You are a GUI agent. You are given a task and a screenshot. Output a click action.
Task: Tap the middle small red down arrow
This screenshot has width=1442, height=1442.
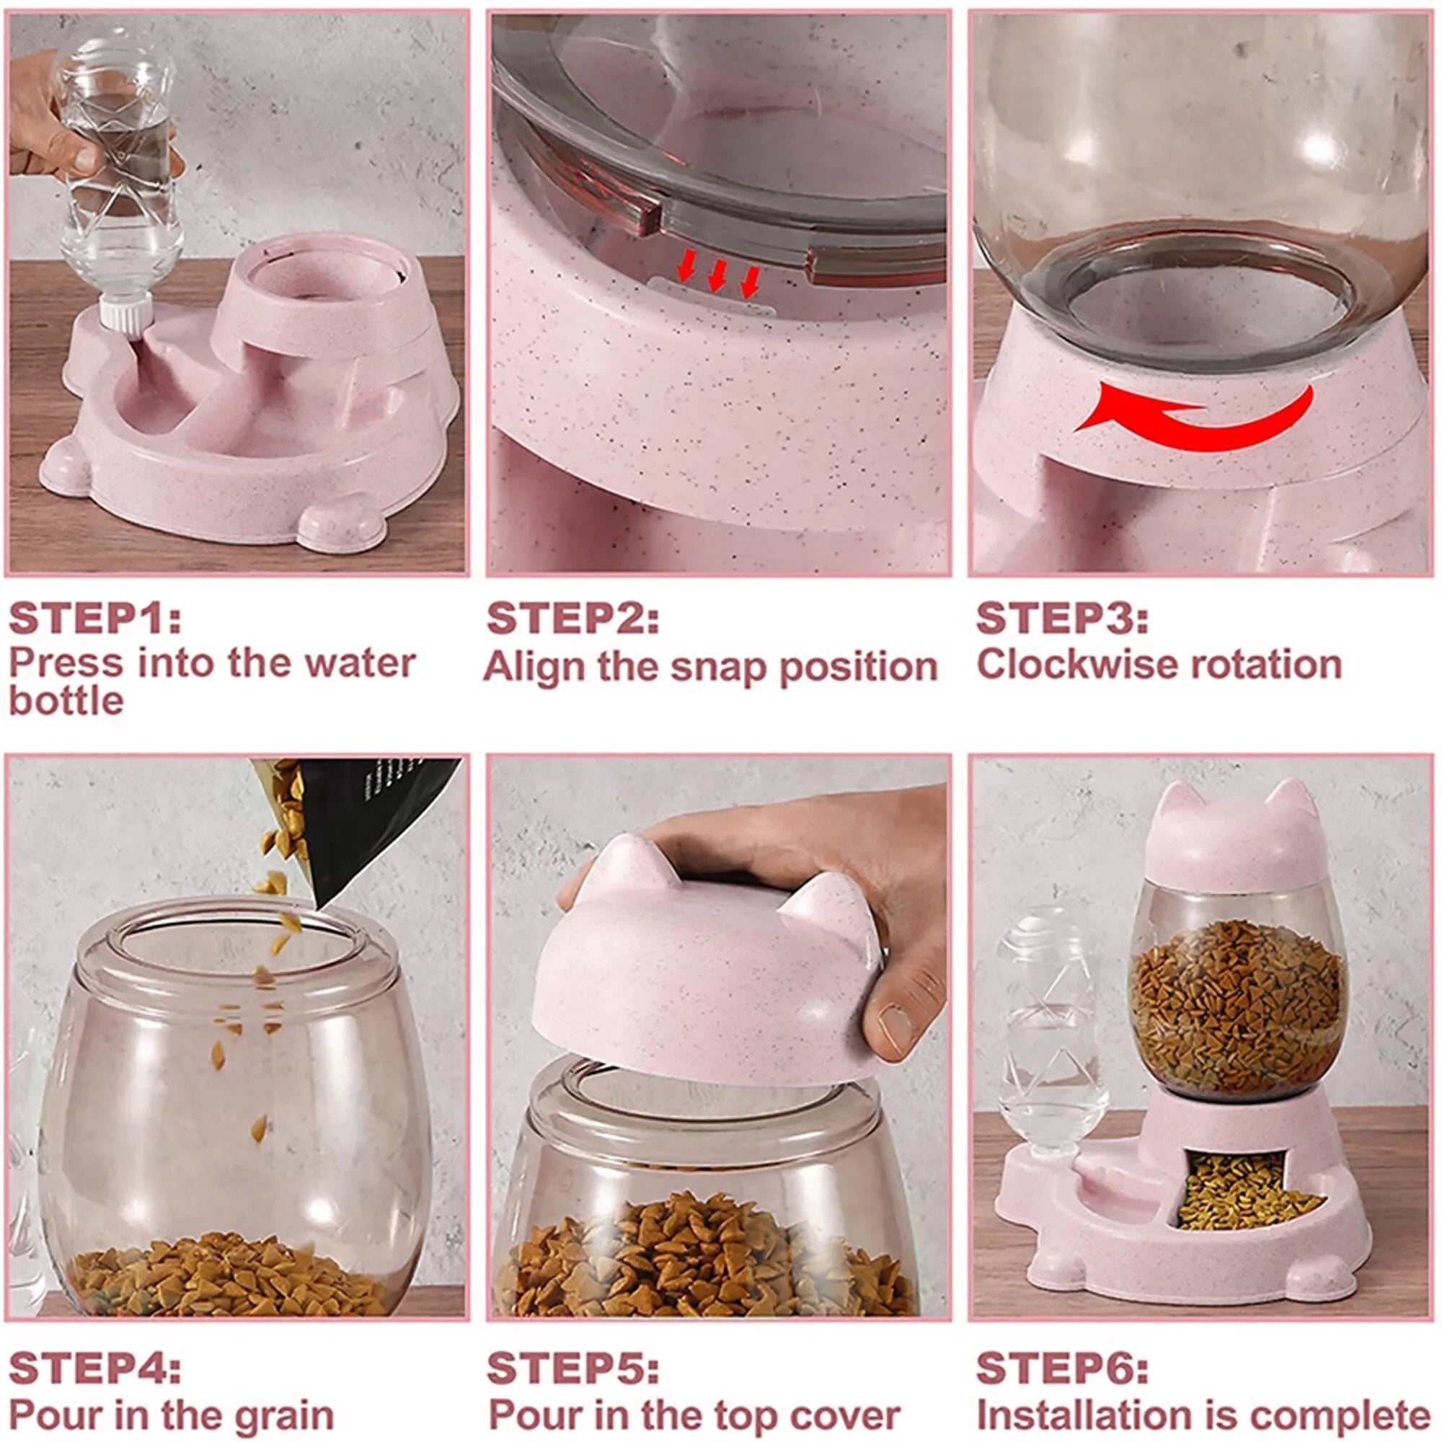716,277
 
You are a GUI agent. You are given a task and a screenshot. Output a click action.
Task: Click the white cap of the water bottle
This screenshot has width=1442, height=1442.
125,317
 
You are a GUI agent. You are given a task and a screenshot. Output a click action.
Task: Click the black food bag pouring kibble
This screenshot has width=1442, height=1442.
373,821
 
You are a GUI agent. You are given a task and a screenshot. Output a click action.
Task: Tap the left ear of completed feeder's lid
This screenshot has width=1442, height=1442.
1180,806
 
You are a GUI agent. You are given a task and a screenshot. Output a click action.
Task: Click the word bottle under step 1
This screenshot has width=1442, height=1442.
66,702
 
